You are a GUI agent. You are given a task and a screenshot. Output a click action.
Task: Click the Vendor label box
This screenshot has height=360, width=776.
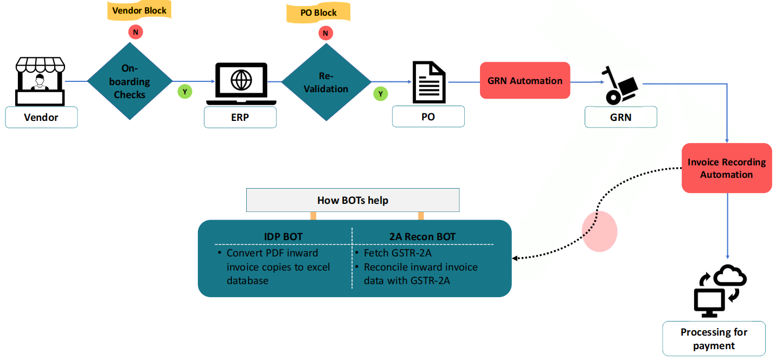[x=41, y=117]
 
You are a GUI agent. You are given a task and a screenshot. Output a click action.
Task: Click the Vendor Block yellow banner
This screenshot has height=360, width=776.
[x=139, y=10]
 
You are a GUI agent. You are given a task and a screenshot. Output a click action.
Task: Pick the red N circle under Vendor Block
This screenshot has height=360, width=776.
[x=135, y=33]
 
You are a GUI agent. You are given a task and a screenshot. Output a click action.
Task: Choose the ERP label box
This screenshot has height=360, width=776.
[x=240, y=117]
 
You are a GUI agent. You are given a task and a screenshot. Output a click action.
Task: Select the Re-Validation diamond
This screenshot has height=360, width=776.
[x=326, y=82]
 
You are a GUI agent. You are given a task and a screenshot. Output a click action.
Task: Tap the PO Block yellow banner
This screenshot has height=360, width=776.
[x=318, y=13]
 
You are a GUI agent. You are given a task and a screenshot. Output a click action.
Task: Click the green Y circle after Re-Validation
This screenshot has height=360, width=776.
[x=380, y=94]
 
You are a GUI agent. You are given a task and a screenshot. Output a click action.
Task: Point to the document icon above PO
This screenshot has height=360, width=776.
[x=429, y=82]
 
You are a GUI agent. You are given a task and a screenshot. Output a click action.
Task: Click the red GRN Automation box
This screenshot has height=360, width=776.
[x=524, y=81]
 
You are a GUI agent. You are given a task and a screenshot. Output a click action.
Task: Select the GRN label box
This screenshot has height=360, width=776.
[x=620, y=117]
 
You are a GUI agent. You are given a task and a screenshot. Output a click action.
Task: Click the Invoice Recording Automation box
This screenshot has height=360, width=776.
[x=726, y=168]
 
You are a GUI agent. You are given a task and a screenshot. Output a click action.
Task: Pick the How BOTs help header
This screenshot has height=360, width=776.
[x=352, y=201]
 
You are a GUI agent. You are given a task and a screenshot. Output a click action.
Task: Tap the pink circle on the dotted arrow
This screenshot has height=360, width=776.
[x=599, y=232]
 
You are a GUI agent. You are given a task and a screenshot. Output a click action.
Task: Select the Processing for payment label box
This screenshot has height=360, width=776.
[x=714, y=339]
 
